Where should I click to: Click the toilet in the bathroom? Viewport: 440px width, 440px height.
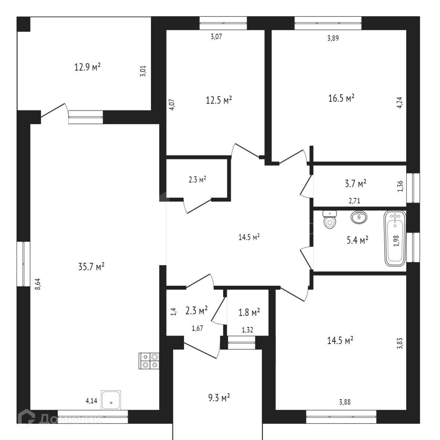point(330,220)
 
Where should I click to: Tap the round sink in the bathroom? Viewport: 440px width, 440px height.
point(359,217)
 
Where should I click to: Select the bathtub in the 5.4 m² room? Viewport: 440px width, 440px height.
point(395,239)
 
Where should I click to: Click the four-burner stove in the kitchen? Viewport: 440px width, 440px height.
point(149,360)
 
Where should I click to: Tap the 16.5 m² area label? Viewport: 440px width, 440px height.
point(341,98)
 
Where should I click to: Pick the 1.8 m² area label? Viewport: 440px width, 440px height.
point(249,312)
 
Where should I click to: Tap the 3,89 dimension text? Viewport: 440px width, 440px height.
point(333,37)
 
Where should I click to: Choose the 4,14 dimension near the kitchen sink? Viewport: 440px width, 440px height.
point(91,401)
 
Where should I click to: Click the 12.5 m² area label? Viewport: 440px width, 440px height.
point(219,100)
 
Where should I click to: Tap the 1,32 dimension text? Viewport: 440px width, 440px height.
point(247,330)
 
